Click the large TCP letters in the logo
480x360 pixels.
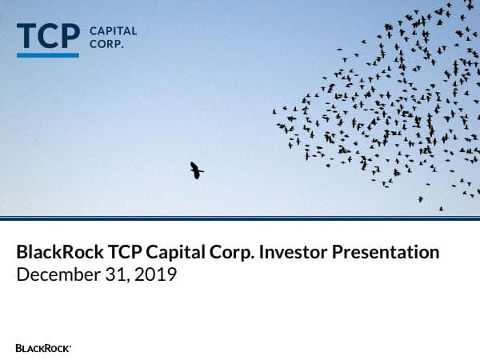[48, 36]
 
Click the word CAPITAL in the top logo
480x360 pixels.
[113, 31]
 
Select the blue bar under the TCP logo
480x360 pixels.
[48, 54]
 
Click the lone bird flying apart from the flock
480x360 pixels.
[196, 170]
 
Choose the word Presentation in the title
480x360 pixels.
[386, 253]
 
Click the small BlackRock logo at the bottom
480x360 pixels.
[43, 348]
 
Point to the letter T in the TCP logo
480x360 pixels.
[26, 36]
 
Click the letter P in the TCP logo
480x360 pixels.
[70, 36]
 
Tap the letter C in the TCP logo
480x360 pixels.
[48, 36]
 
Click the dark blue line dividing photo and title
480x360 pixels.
[240, 217]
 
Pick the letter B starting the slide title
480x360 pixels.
[22, 253]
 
